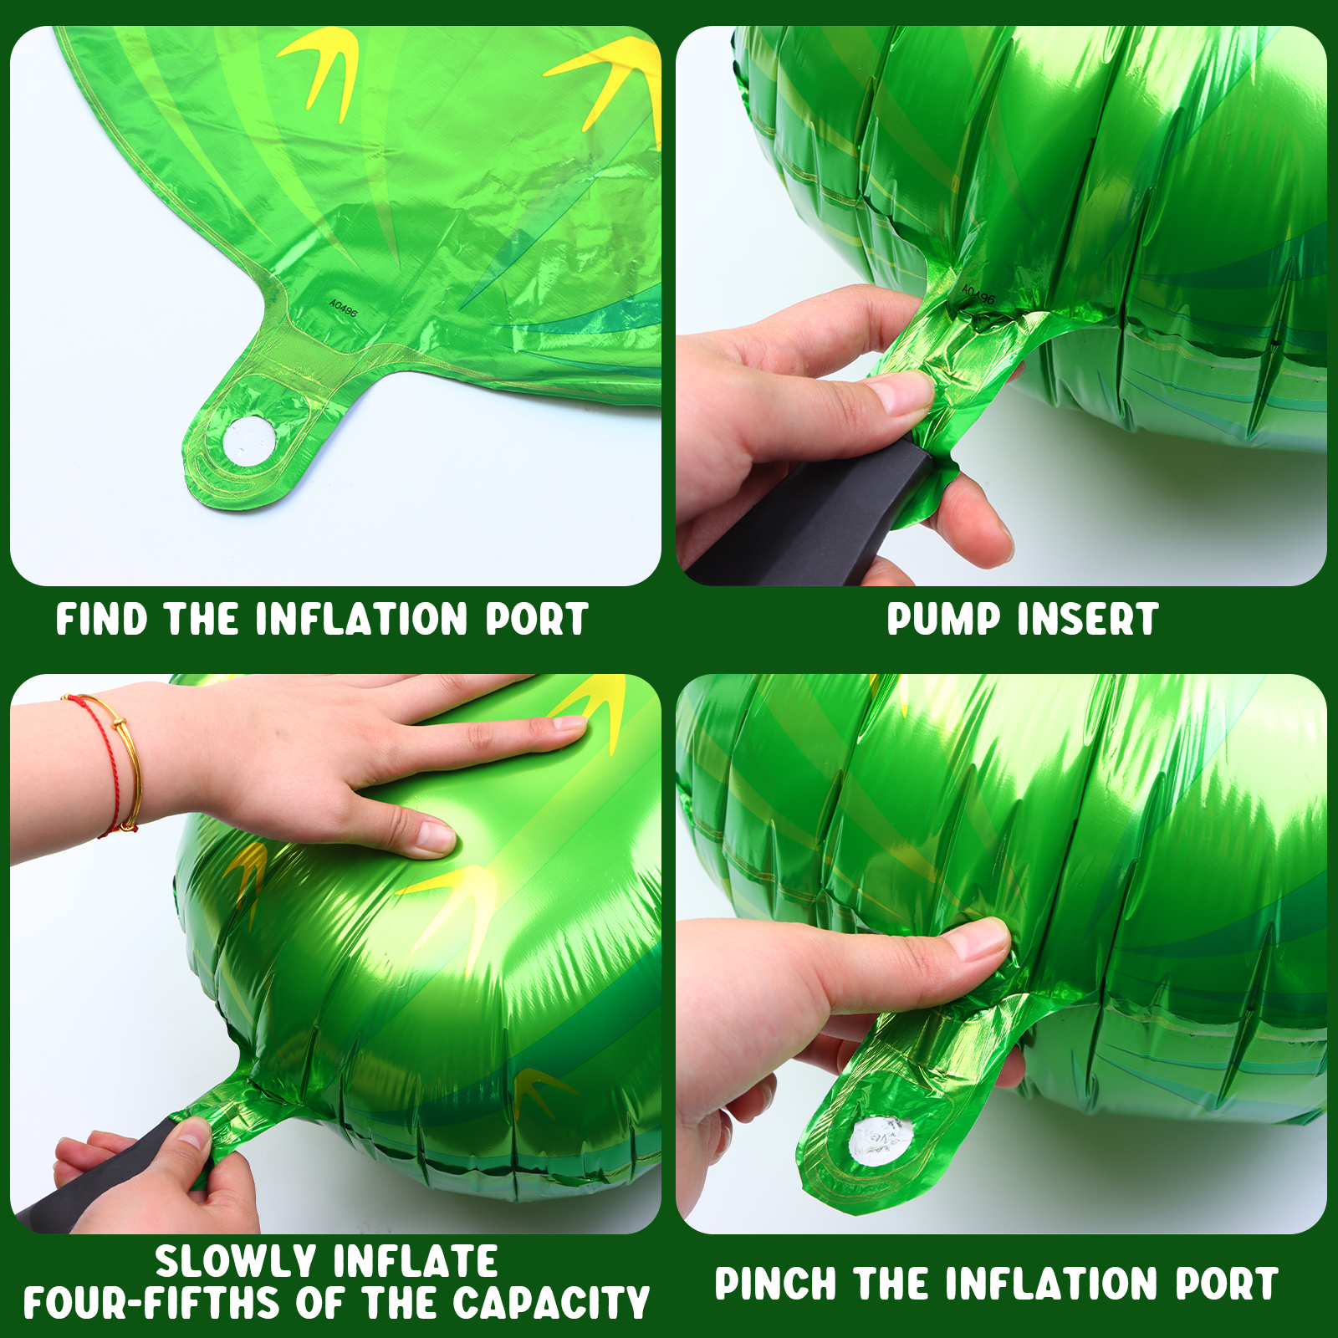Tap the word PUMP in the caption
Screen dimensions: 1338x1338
click(942, 620)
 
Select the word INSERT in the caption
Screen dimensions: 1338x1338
click(1088, 620)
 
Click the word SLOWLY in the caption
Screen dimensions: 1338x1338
click(235, 1262)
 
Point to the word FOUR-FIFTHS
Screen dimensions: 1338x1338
click(151, 1303)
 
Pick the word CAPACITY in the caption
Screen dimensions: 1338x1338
click(552, 1303)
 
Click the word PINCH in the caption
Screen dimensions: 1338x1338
click(775, 1284)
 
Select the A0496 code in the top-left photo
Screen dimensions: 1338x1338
click(343, 308)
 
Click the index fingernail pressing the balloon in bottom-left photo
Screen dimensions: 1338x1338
click(435, 836)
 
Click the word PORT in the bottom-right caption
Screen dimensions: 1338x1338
click(1227, 1284)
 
